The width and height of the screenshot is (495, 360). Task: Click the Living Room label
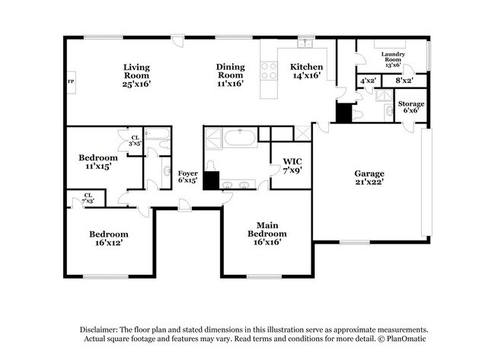[137, 75]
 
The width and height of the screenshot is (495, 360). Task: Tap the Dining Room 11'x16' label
[231, 75]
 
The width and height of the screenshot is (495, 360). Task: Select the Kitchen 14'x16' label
[307, 72]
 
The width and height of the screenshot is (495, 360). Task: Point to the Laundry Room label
[394, 59]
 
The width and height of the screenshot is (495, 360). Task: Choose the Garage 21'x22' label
[368, 177]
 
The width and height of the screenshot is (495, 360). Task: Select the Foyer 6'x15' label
[187, 177]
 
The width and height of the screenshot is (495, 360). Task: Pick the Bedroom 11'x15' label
[98, 162]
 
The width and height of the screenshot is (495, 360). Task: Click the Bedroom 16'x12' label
[108, 237]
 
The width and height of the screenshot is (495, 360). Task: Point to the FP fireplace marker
[71, 81]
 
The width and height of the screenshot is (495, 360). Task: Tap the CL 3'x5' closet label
[134, 140]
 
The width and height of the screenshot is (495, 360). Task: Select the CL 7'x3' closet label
[88, 197]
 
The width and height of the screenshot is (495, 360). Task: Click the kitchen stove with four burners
[269, 71]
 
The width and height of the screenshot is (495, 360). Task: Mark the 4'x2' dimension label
[368, 80]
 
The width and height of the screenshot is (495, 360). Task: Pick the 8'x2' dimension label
[404, 80]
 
